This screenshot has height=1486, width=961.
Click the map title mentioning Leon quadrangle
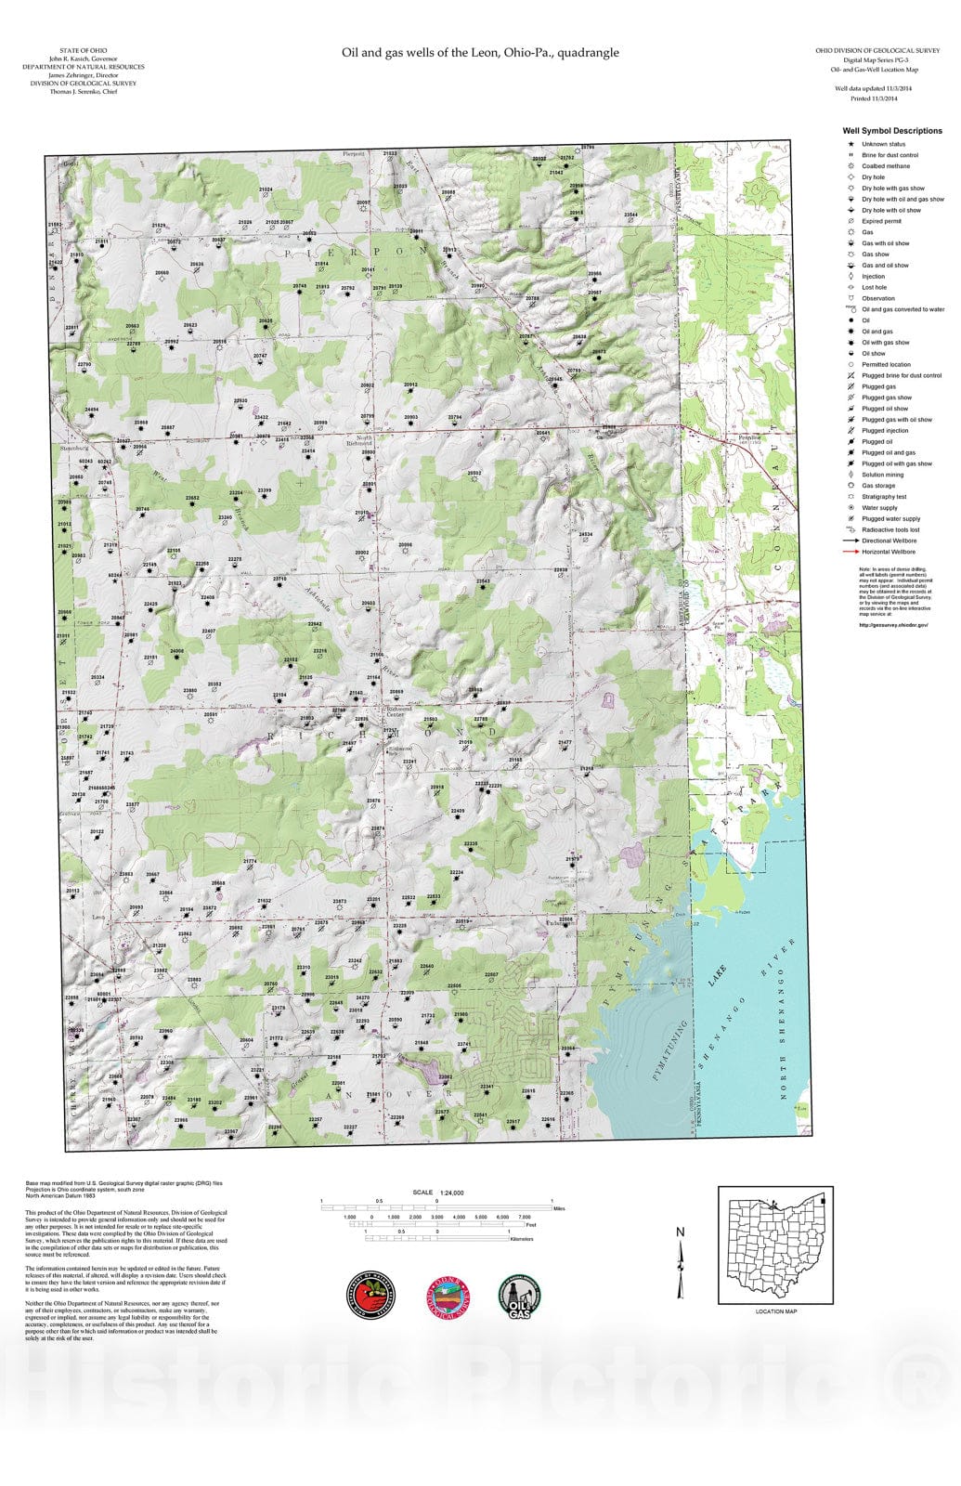click(480, 53)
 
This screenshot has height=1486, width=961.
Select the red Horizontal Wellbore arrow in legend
click(849, 552)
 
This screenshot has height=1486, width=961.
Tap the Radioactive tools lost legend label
click(890, 529)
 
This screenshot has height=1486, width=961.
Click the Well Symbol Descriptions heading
click(891, 131)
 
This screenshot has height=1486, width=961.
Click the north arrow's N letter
click(680, 1232)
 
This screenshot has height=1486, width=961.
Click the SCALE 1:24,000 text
click(438, 1193)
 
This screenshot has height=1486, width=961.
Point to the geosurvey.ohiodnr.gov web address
click(893, 625)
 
